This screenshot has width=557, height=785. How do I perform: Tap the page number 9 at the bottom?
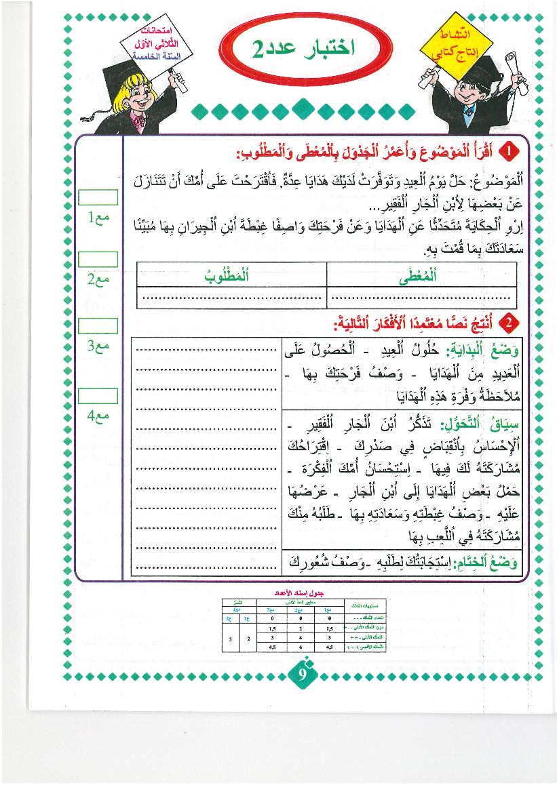point(303,675)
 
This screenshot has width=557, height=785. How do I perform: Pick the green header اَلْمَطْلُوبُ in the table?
point(231,275)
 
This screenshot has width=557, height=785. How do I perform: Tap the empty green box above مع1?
point(98,197)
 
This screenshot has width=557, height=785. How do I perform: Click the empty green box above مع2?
point(98,260)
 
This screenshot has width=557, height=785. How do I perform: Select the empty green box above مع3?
point(98,326)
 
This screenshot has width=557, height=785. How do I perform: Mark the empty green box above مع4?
point(98,396)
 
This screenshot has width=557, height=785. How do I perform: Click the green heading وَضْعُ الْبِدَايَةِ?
point(483,350)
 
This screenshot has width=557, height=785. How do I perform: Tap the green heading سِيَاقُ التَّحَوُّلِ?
point(480,424)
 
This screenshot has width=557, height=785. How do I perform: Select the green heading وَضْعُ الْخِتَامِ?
point(484,561)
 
